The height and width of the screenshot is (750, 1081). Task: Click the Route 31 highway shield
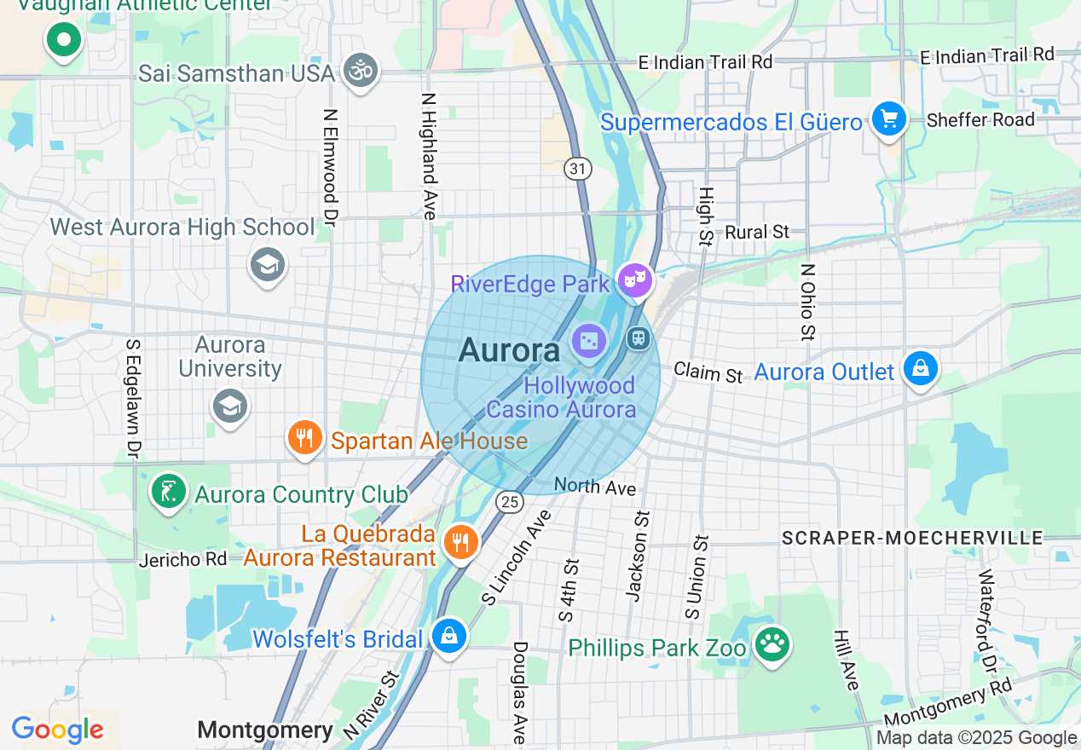pyautogui.click(x=578, y=169)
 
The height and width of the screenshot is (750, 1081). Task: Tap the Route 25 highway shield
pyautogui.click(x=510, y=502)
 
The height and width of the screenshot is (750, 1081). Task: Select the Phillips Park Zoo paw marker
pyautogui.click(x=772, y=645)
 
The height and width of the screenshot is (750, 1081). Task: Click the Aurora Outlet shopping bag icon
pyautogui.click(x=921, y=369)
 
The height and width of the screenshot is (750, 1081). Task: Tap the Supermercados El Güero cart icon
pyautogui.click(x=888, y=118)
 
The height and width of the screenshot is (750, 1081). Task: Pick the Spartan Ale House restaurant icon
pyautogui.click(x=303, y=438)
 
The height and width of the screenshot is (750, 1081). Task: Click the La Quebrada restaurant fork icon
pyautogui.click(x=460, y=541)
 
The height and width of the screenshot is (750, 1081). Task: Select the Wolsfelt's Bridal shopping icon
pyautogui.click(x=448, y=636)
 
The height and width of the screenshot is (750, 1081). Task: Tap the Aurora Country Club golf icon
pyautogui.click(x=169, y=491)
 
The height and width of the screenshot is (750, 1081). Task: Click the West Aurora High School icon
pyautogui.click(x=267, y=265)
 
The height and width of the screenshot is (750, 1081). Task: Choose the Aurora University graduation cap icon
pyautogui.click(x=230, y=406)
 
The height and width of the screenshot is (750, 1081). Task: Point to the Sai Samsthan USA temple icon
pyautogui.click(x=360, y=71)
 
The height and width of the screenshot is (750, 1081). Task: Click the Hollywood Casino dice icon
pyautogui.click(x=589, y=342)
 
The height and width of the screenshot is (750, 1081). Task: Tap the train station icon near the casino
pyautogui.click(x=638, y=338)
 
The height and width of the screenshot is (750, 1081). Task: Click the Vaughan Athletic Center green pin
pyautogui.click(x=63, y=39)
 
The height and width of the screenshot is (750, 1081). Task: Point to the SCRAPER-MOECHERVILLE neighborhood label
pyautogui.click(x=912, y=538)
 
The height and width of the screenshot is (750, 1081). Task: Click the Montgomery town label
pyautogui.click(x=265, y=730)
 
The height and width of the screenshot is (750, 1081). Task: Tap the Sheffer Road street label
pyautogui.click(x=980, y=119)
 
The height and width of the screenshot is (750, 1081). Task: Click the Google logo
pyautogui.click(x=57, y=730)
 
